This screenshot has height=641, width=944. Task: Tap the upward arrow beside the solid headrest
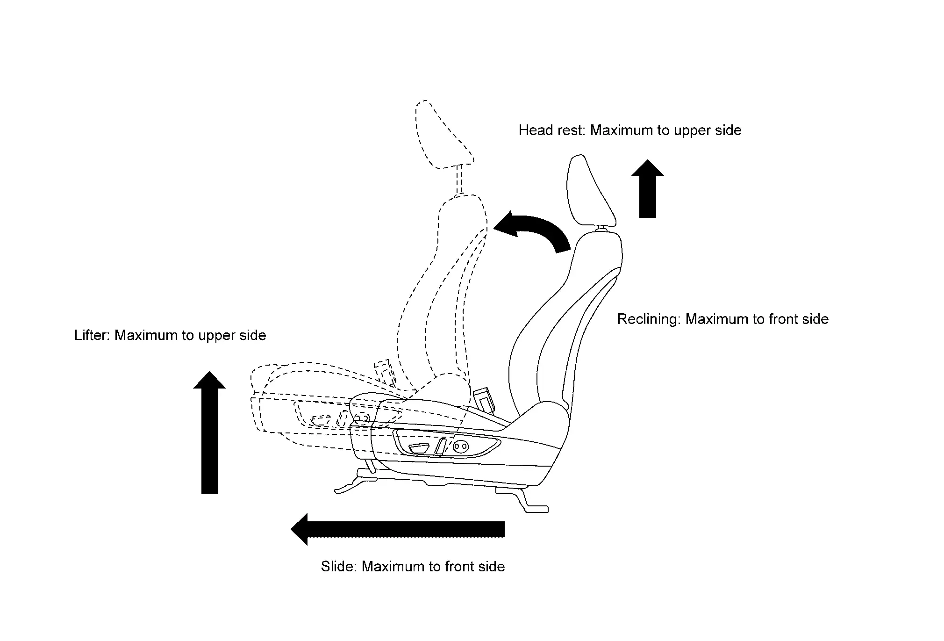click(647, 189)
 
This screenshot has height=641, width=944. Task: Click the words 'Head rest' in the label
click(551, 130)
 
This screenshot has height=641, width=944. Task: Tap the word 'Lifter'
click(92, 335)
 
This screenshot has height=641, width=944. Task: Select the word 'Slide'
click(338, 567)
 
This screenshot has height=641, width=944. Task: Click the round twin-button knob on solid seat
click(460, 447)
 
